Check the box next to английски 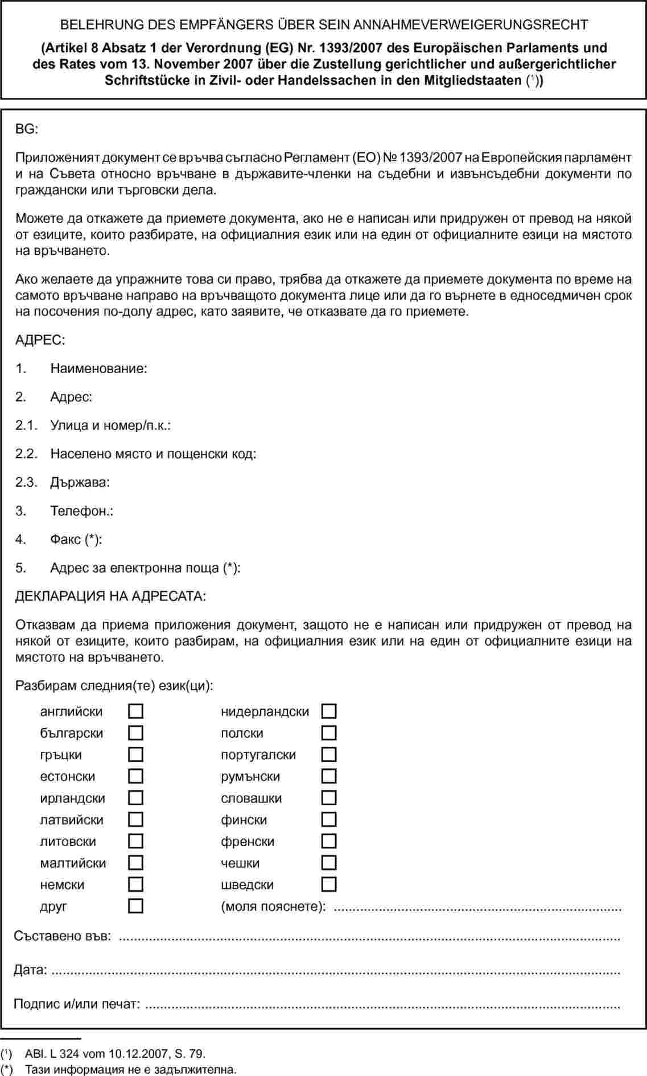coord(135,711)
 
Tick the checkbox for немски coord(135,884)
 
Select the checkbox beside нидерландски coord(329,711)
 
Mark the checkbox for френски coord(329,841)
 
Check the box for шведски coord(329,884)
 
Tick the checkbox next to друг coord(135,906)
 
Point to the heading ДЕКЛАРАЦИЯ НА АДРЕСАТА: coord(110,596)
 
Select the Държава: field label coord(80,482)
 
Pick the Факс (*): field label coord(76,539)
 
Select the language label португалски coord(258,755)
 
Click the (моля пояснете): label coord(274,906)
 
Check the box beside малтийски coord(135,863)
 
